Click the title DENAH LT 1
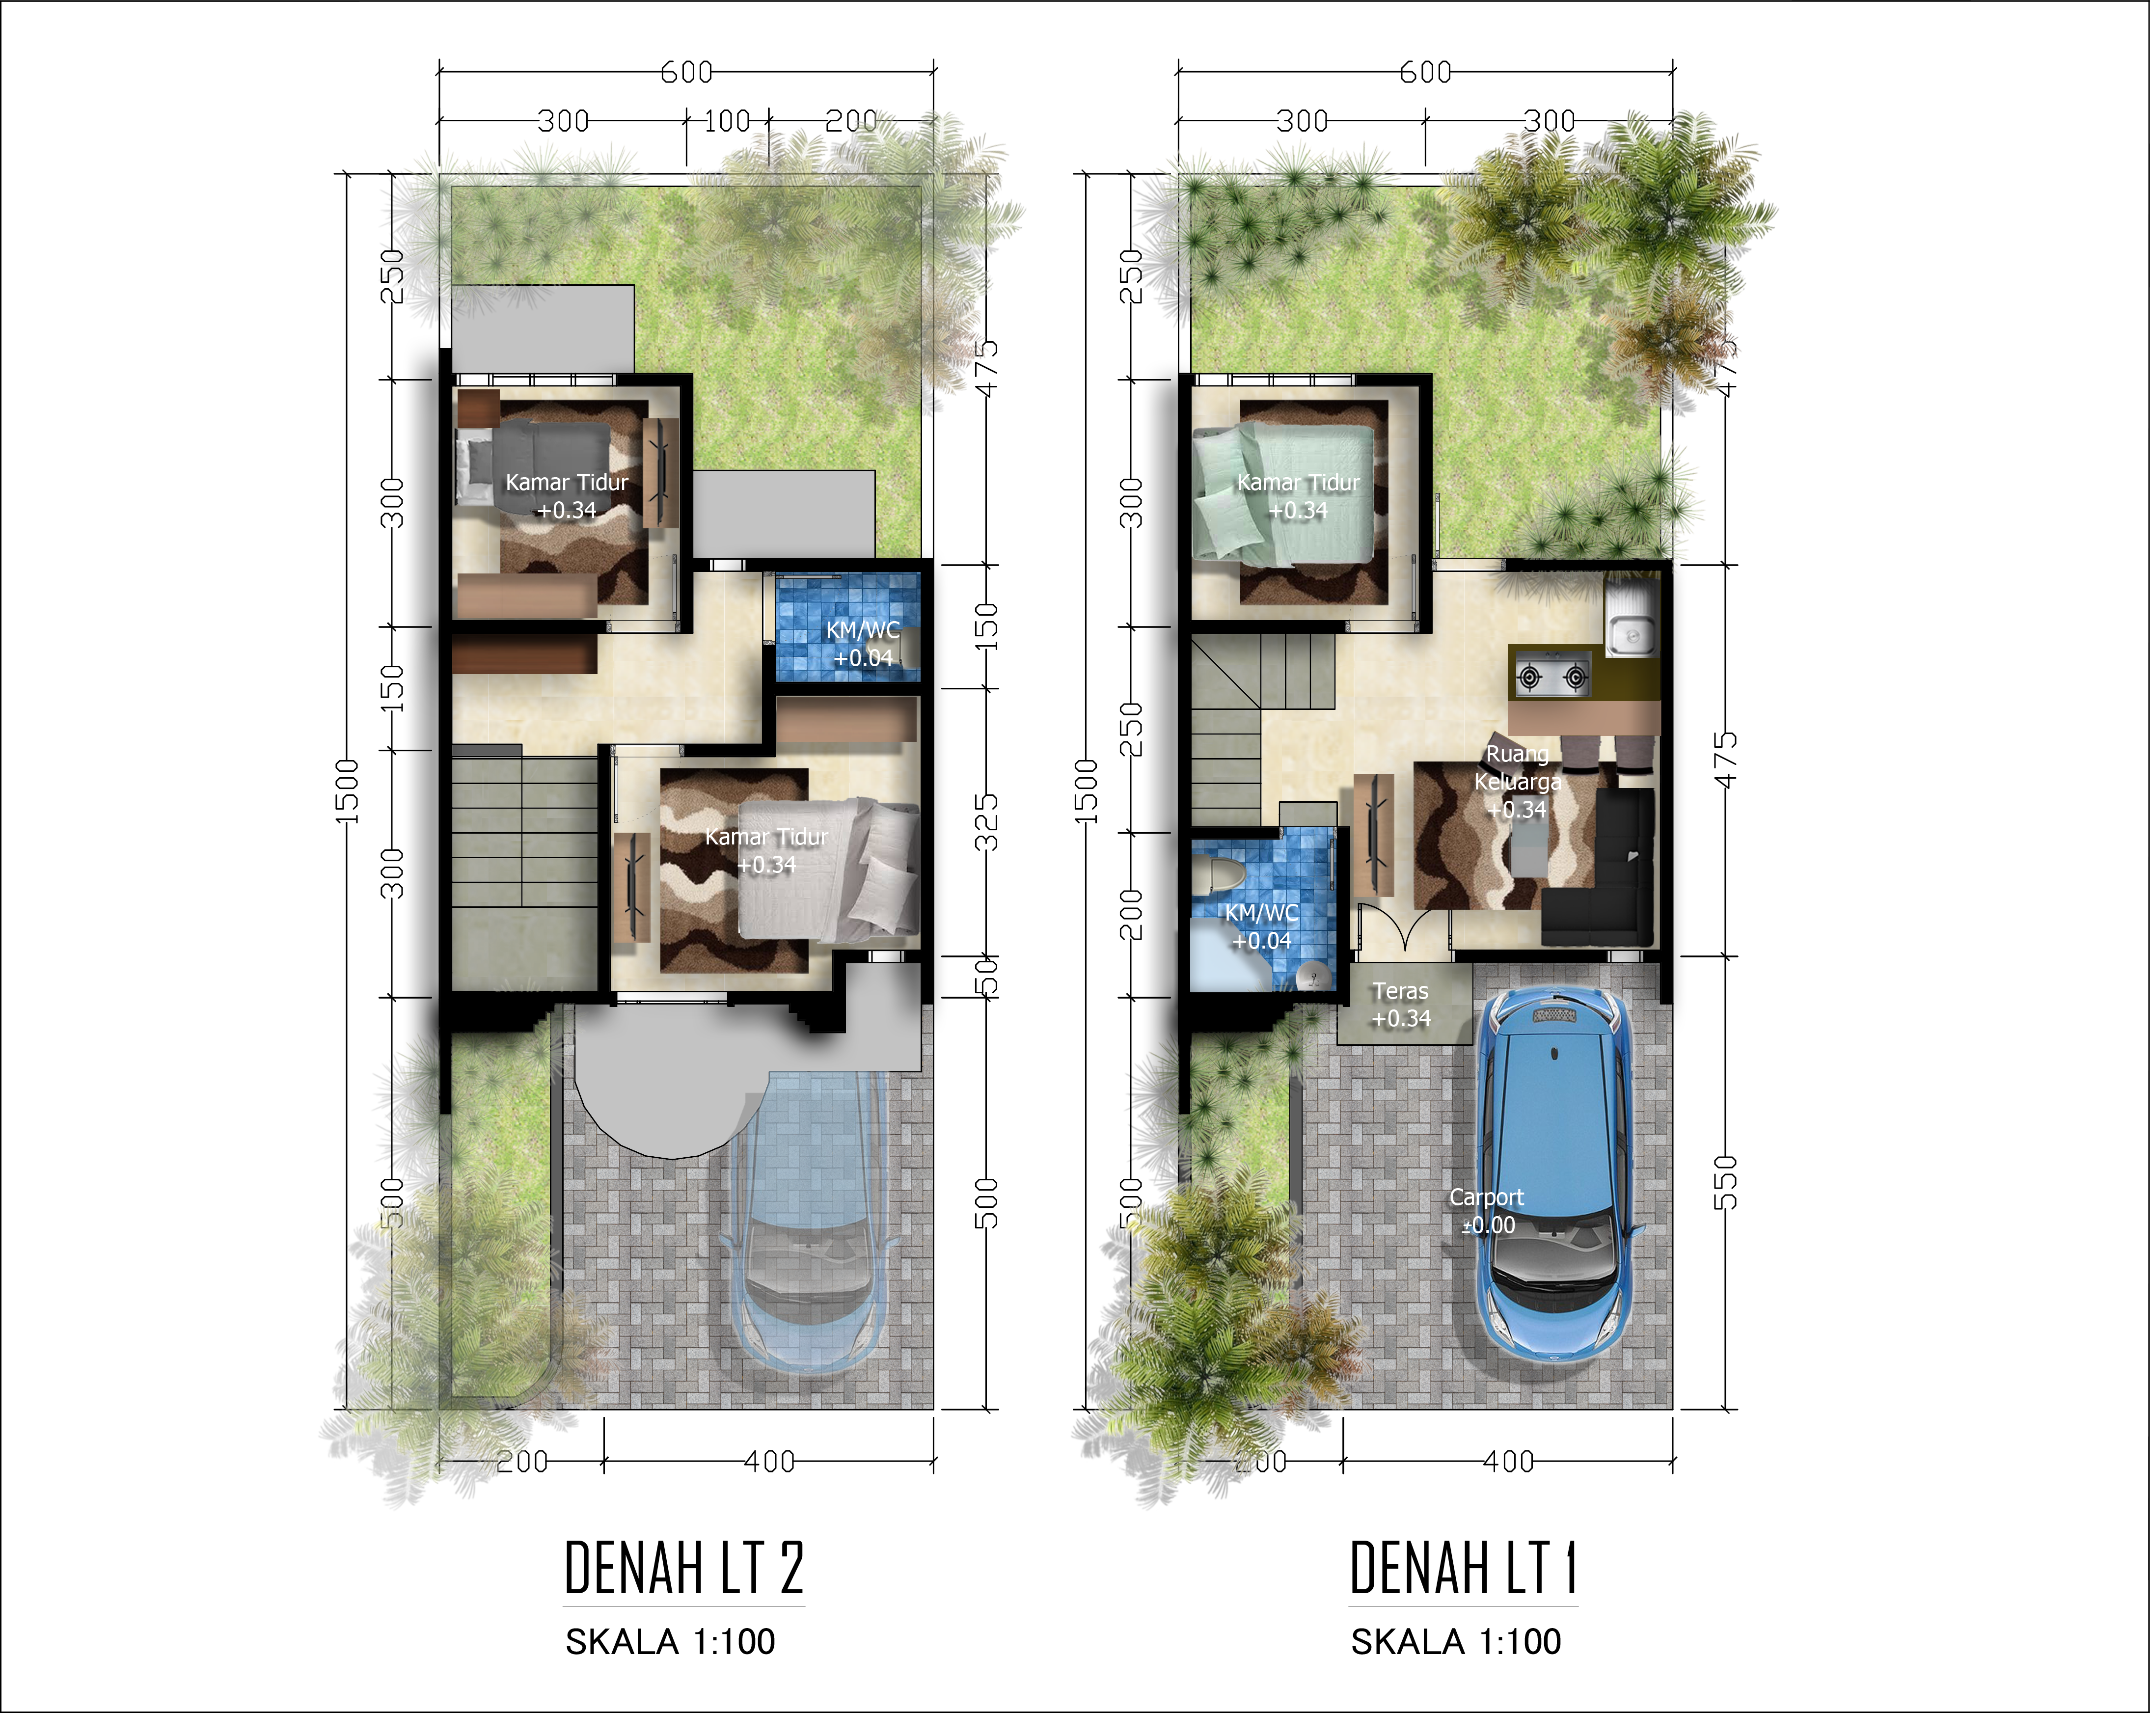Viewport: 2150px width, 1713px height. coord(1463,1569)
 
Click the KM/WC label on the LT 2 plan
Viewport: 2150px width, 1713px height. coord(863,643)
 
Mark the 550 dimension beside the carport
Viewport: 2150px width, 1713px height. coord(1725,1183)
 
